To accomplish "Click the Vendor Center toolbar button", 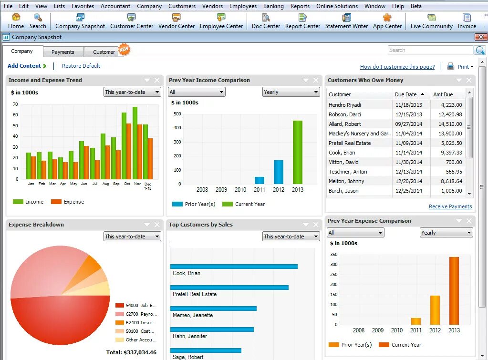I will pyautogui.click(x=176, y=21).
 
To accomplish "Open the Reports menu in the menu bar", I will pyautogui.click(x=300, y=6).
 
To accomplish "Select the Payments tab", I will pyautogui.click(x=63, y=52).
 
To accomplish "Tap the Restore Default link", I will pyautogui.click(x=81, y=66).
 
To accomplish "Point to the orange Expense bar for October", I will pyautogui.click(x=129, y=151).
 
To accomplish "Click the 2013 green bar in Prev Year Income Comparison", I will pyautogui.click(x=298, y=152).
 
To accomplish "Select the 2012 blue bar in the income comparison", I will pyautogui.click(x=279, y=172).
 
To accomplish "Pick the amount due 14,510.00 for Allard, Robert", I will pyautogui.click(x=447, y=124).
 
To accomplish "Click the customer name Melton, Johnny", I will pyautogui.click(x=346, y=181).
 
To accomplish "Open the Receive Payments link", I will pyautogui.click(x=450, y=206).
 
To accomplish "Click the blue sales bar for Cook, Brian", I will pyautogui.click(x=234, y=267).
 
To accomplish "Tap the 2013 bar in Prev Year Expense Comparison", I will pyautogui.click(x=454, y=291).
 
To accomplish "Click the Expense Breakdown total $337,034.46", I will pyautogui.click(x=131, y=352).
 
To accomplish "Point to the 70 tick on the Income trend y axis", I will pyautogui.click(x=16, y=104).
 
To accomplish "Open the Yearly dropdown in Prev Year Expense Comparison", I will pyautogui.click(x=446, y=233).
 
